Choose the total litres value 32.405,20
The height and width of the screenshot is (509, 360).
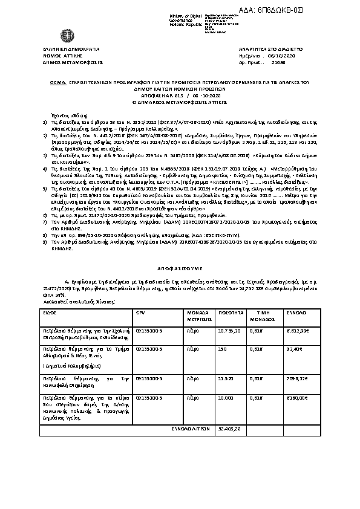click(x=229, y=427)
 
